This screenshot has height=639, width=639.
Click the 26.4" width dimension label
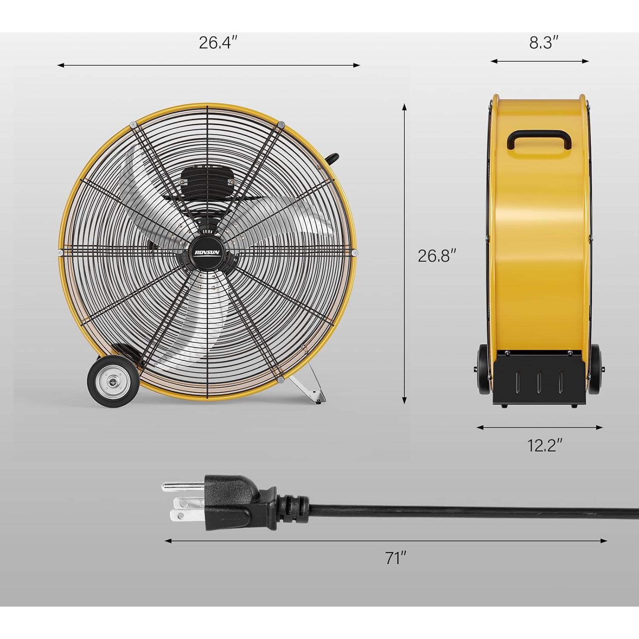[x=218, y=43]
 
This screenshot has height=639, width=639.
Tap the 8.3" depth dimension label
[x=544, y=43]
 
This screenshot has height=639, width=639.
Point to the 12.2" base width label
[x=545, y=446]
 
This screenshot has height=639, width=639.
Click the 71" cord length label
[x=396, y=558]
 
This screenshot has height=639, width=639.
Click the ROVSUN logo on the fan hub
[x=207, y=252]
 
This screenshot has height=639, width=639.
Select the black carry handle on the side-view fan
[x=539, y=140]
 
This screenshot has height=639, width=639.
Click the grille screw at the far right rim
[x=354, y=253]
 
